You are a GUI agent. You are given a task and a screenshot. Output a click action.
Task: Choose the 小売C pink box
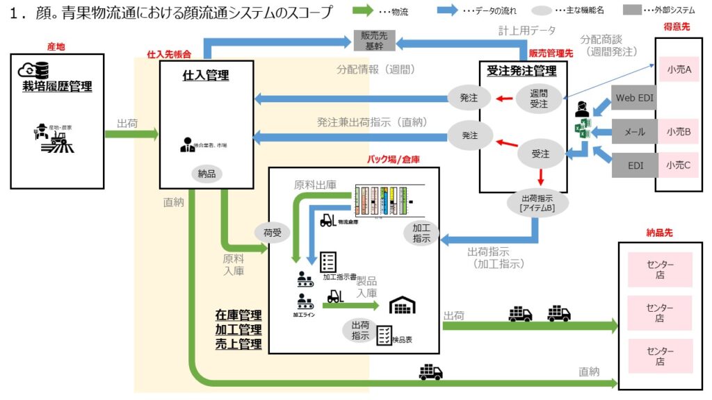[678, 165]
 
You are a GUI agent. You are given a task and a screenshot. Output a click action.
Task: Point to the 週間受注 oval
[540, 98]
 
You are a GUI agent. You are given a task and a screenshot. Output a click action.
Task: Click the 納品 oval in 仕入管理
[207, 174]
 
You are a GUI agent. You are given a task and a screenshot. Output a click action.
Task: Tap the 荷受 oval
[273, 233]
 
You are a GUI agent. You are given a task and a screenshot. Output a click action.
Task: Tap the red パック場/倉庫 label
[393, 159]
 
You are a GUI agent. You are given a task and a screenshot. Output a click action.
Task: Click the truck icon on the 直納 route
[430, 372]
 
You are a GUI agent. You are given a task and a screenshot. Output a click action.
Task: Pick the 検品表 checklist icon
[384, 335]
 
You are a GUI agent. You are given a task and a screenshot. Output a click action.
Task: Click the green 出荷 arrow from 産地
[132, 135]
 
